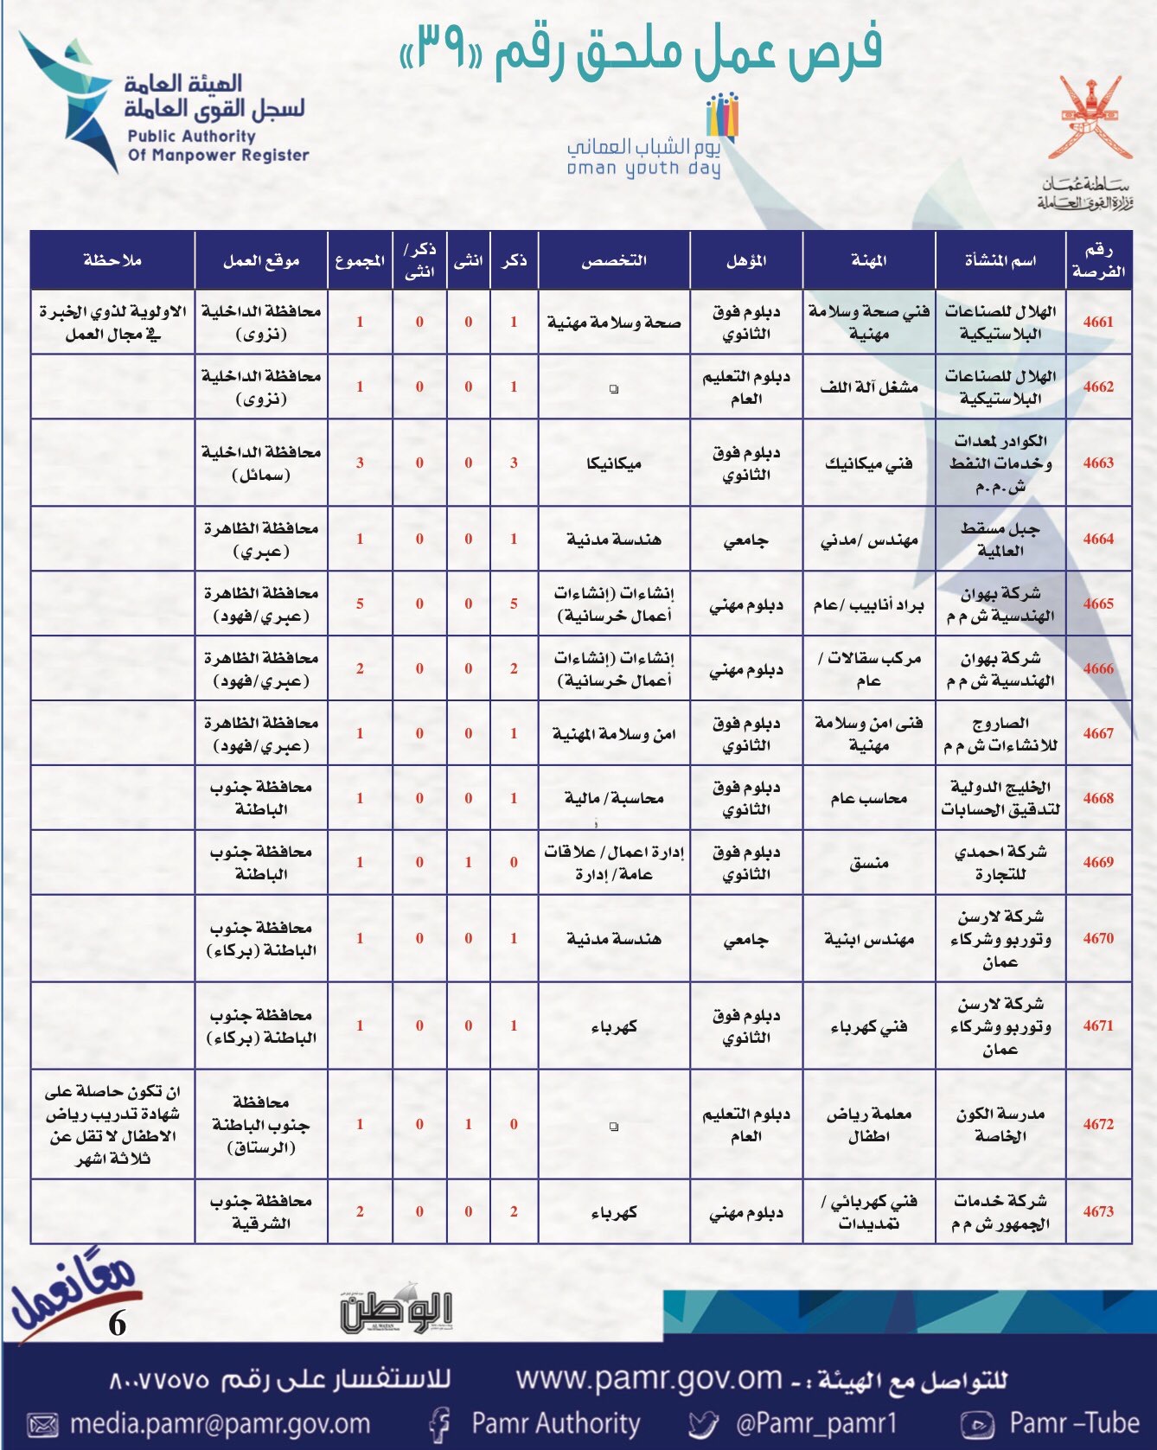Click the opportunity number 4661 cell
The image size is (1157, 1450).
point(1098,322)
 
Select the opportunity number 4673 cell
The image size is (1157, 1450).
point(1098,1211)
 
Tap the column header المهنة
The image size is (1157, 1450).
point(868,260)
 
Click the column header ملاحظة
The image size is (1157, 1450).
point(112,260)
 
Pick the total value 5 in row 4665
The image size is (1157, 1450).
point(360,604)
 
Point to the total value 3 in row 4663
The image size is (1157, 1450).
point(360,463)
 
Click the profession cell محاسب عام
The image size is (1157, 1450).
point(868,798)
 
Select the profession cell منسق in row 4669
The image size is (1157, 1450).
point(868,863)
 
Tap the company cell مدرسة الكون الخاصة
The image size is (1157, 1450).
point(1000,1125)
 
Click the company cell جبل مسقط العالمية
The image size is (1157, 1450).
point(1000,539)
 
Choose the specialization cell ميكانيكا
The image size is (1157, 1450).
point(613,463)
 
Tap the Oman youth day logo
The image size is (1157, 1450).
point(644,138)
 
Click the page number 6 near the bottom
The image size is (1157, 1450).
point(118,1324)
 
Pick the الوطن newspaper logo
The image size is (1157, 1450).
point(396,1311)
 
